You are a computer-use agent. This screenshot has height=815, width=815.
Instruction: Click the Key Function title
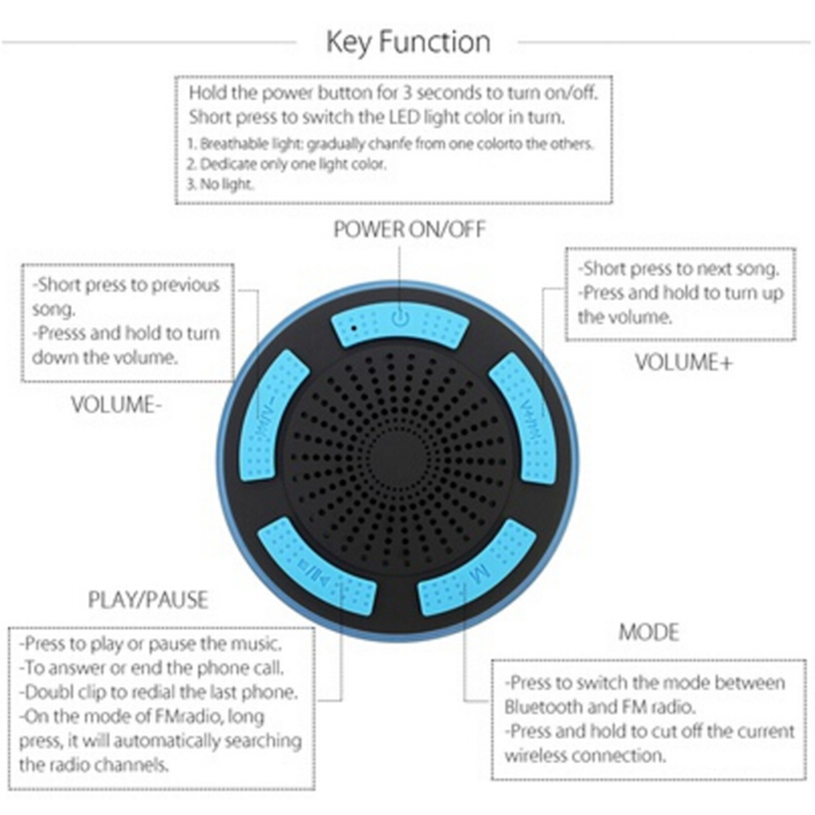pyautogui.click(x=408, y=42)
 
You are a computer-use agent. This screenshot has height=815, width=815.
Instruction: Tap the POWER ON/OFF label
pyautogui.click(x=410, y=229)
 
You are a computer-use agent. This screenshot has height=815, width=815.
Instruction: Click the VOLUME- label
pyautogui.click(x=116, y=404)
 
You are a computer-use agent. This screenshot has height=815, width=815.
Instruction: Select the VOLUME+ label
pyautogui.click(x=683, y=362)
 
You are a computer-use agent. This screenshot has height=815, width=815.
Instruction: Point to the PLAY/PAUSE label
pyautogui.click(x=148, y=599)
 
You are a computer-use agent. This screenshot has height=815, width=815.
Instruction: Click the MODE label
pyautogui.click(x=649, y=632)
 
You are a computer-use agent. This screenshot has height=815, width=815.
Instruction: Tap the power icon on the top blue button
pyautogui.click(x=400, y=317)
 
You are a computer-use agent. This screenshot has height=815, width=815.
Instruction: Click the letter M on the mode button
pyautogui.click(x=479, y=574)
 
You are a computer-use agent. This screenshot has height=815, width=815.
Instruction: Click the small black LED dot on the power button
pyautogui.click(x=354, y=328)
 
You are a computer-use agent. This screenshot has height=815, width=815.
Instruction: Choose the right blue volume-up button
pyautogui.click(x=525, y=417)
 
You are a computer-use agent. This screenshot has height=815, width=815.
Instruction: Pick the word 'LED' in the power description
pyautogui.click(x=404, y=117)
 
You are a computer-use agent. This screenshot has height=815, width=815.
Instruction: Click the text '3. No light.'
pyautogui.click(x=220, y=184)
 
